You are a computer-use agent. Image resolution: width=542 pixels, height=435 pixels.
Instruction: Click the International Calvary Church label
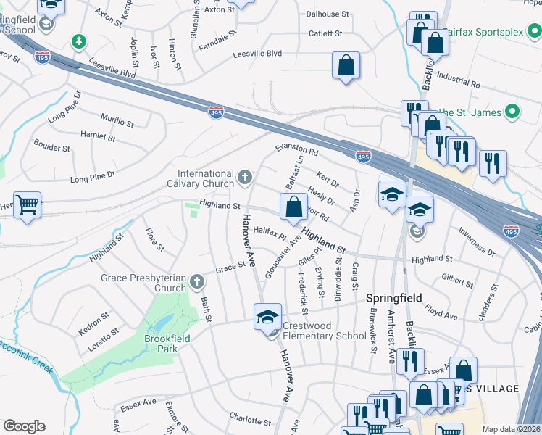[207, 178]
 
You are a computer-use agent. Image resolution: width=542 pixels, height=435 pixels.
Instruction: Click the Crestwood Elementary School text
[324, 331]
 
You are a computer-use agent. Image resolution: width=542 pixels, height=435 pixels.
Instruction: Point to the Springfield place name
[393, 298]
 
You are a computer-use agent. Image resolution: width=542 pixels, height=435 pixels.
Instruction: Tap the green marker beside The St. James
[513, 112]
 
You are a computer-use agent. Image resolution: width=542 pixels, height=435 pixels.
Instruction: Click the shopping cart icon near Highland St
[28, 205]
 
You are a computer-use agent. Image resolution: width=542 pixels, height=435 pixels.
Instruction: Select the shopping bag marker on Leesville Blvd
[346, 65]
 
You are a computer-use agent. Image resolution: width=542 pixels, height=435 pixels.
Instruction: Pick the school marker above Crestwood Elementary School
[267, 315]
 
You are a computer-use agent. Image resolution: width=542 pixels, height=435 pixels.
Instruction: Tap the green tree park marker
[78, 41]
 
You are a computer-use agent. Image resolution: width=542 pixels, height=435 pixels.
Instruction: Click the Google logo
[24, 426]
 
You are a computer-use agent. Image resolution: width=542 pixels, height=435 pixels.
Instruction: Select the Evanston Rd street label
[296, 150]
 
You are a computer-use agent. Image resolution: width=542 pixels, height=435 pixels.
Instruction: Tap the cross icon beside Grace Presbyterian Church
[197, 281]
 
